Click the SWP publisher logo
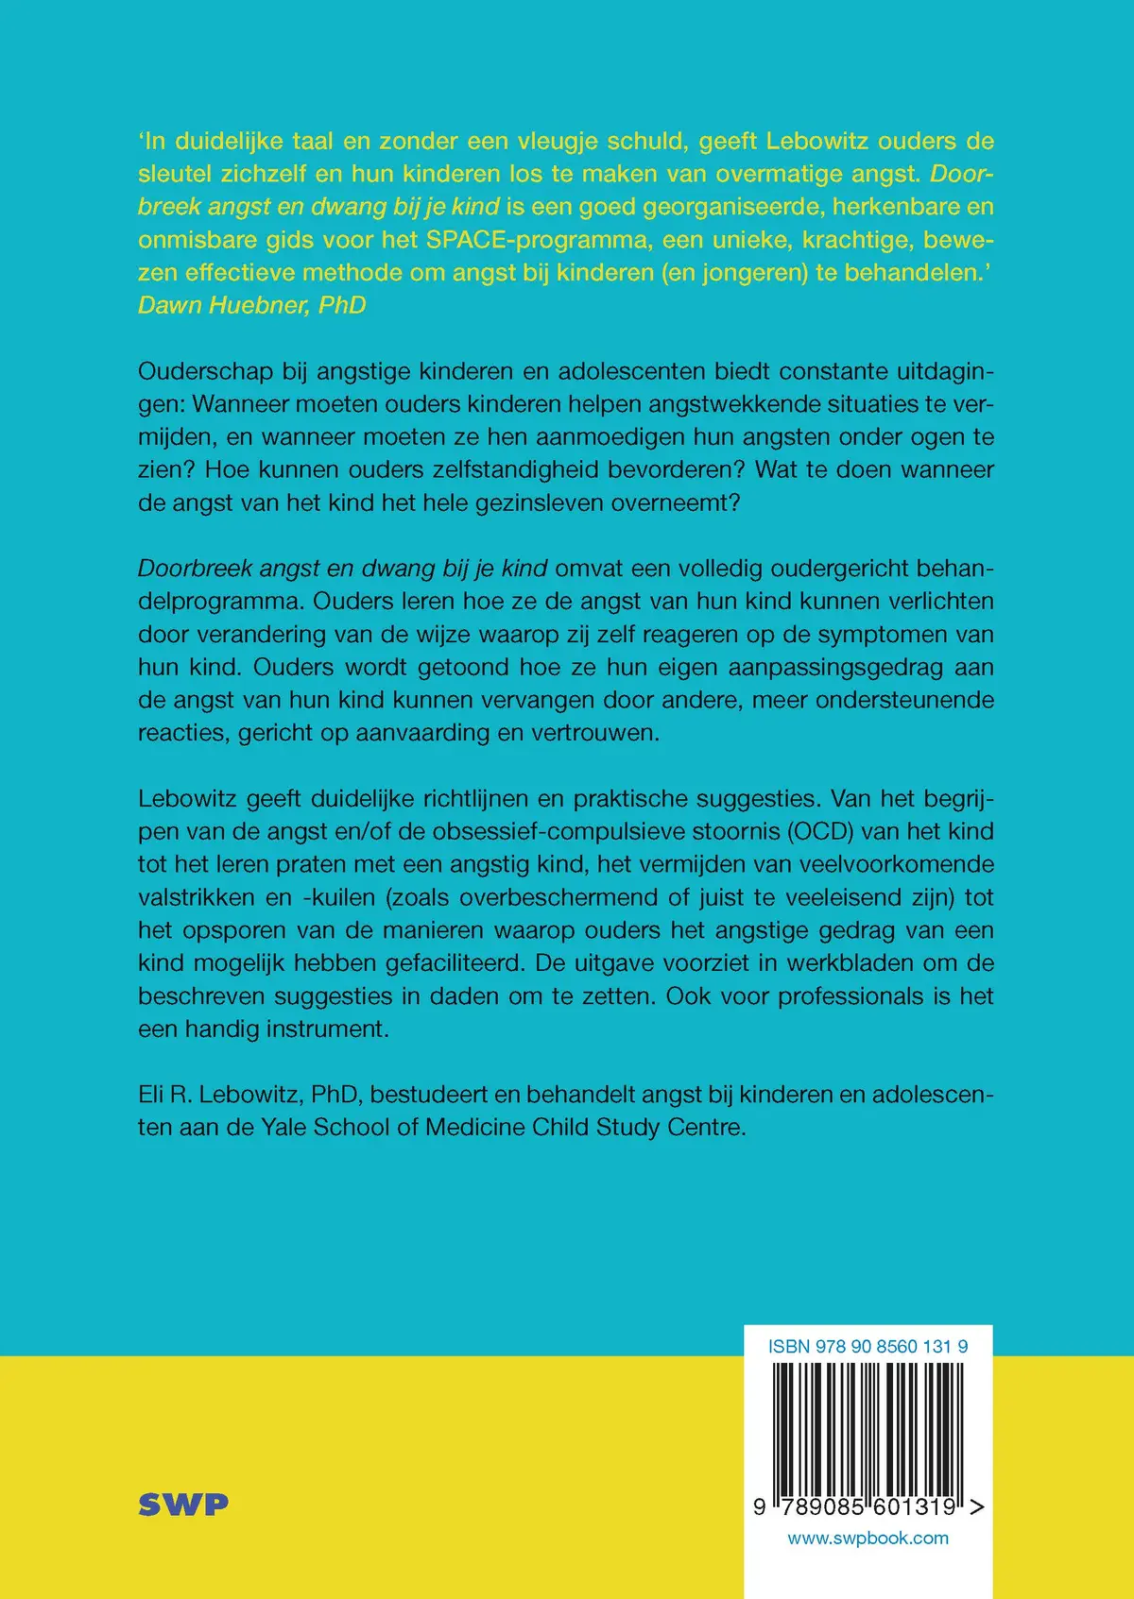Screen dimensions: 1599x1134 183,1505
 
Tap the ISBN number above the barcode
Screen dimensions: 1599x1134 868,1347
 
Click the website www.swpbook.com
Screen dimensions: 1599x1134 868,1538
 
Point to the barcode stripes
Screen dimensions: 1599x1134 868,1426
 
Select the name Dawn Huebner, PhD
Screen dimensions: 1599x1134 252,305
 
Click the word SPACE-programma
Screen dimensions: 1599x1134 539,240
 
